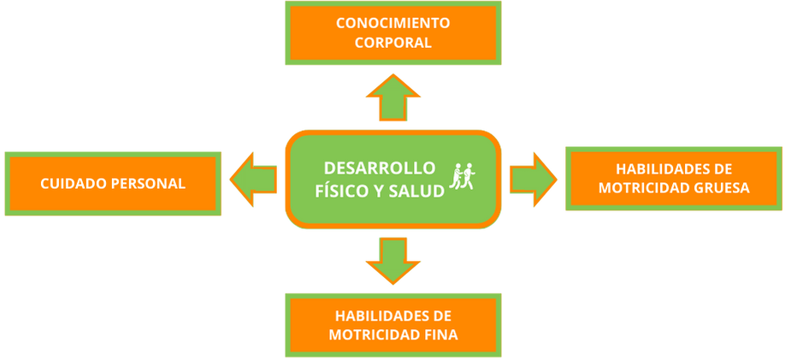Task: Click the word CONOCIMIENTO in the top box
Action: click(x=393, y=23)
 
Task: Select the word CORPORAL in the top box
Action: click(x=393, y=42)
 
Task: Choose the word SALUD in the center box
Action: click(x=416, y=191)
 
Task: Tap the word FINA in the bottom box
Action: click(x=440, y=334)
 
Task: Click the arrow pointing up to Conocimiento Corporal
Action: click(x=392, y=97)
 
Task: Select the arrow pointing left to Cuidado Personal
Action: click(x=254, y=180)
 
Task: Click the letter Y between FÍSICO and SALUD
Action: click(x=378, y=191)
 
